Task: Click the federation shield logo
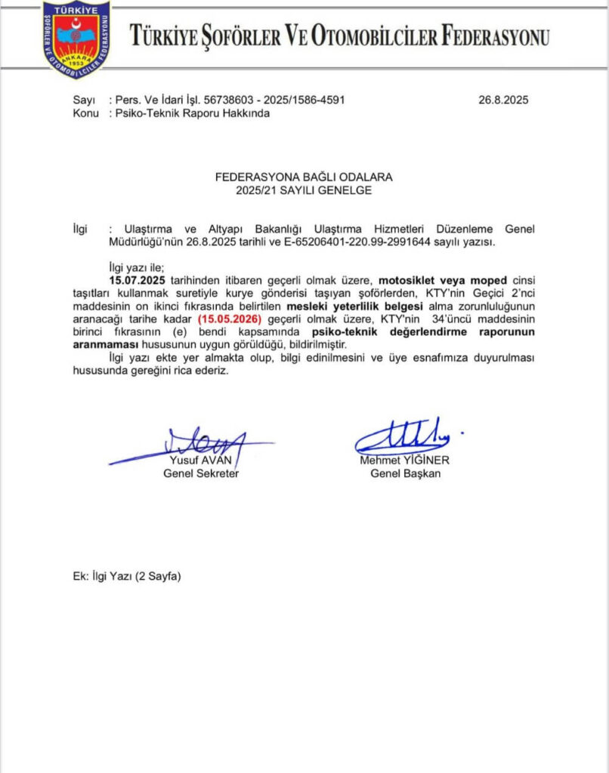76,39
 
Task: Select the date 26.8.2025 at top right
504,100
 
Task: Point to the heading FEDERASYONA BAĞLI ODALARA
304,177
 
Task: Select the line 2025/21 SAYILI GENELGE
304,190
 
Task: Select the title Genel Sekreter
201,474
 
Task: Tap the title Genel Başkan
405,474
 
